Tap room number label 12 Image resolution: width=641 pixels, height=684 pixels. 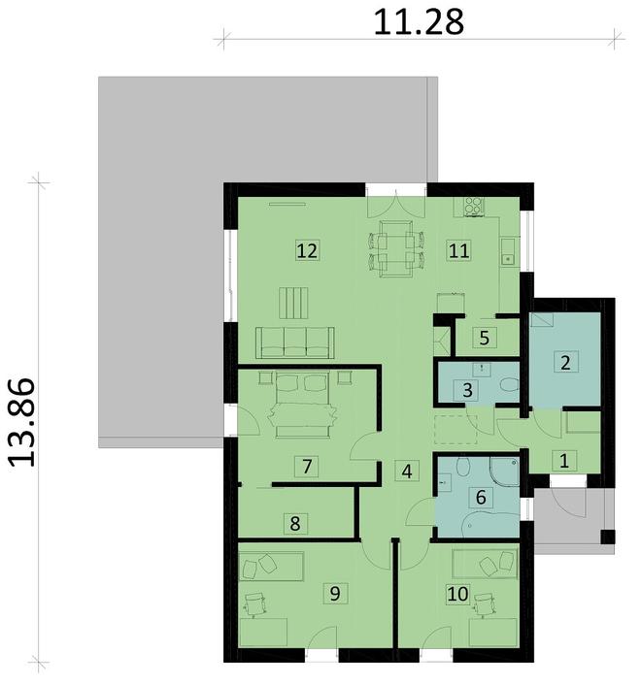(x=307, y=251)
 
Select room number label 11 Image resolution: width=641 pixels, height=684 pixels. (x=458, y=250)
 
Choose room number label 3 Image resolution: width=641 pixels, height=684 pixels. (x=469, y=391)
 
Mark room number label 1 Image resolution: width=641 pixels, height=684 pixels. (x=561, y=461)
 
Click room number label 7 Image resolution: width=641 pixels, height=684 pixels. (x=307, y=467)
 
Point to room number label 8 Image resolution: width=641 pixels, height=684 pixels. (x=295, y=524)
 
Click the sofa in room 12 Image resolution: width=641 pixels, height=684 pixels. (x=295, y=341)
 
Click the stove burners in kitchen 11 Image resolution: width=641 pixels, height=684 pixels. (x=475, y=205)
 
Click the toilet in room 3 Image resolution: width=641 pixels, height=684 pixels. (x=507, y=387)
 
